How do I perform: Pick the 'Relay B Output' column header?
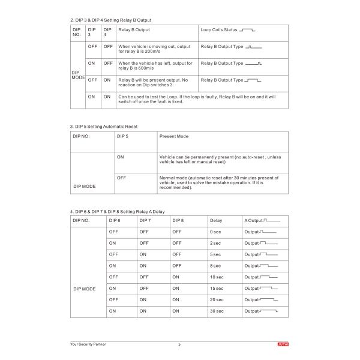134,29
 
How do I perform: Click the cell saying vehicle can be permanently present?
220,160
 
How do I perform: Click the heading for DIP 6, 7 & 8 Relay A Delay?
117,212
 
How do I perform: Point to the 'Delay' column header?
216,221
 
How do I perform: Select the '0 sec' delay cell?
216,232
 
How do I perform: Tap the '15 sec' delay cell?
217,289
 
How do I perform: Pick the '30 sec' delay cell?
217,311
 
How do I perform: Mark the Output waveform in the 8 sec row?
262,266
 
